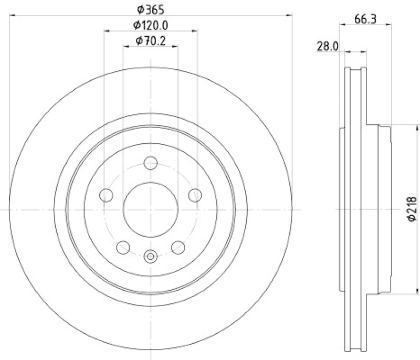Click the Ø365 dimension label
[151, 10]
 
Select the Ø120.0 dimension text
[151, 25]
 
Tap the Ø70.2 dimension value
[151, 41]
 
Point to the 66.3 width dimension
[365, 19]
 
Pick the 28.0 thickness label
[328, 46]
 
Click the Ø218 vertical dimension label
[412, 209]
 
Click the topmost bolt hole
[151, 163]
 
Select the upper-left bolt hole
[106, 195]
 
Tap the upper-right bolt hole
[195, 195]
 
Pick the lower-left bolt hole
[123, 247]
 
